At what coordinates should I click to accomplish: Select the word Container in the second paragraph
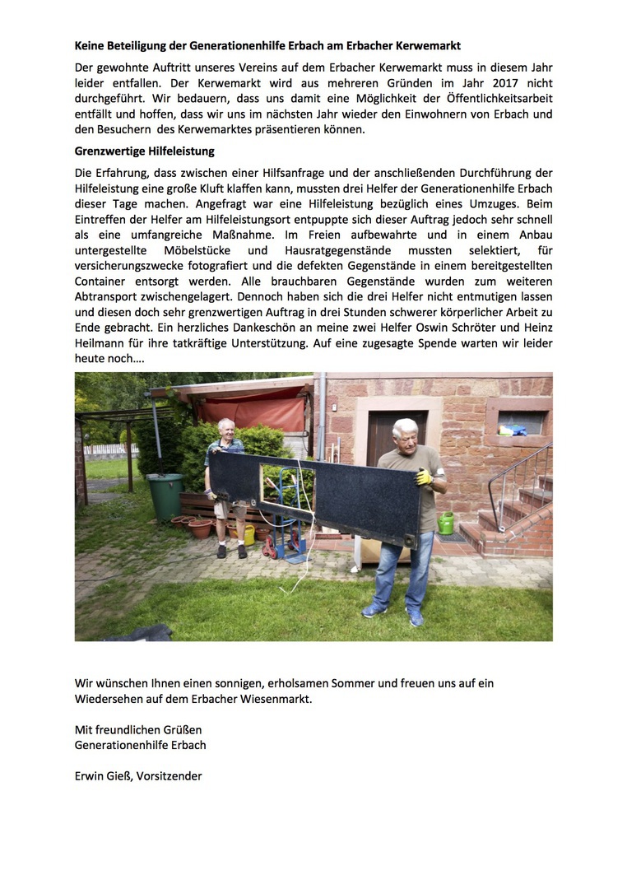(102, 280)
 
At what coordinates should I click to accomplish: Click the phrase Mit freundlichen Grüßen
(138, 729)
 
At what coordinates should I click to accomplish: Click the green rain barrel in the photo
(165, 496)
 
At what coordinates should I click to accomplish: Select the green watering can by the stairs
(445, 523)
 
